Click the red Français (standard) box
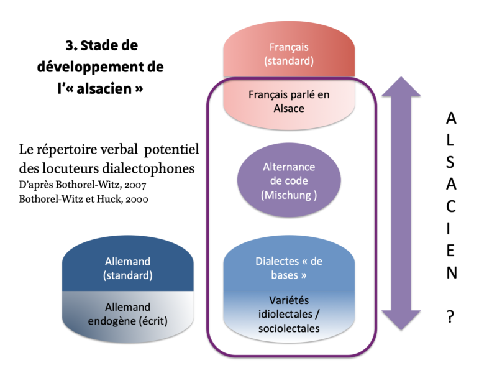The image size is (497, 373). (x=289, y=55)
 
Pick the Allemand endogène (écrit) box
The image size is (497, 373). (x=127, y=314)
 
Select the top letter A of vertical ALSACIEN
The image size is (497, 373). (x=451, y=117)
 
